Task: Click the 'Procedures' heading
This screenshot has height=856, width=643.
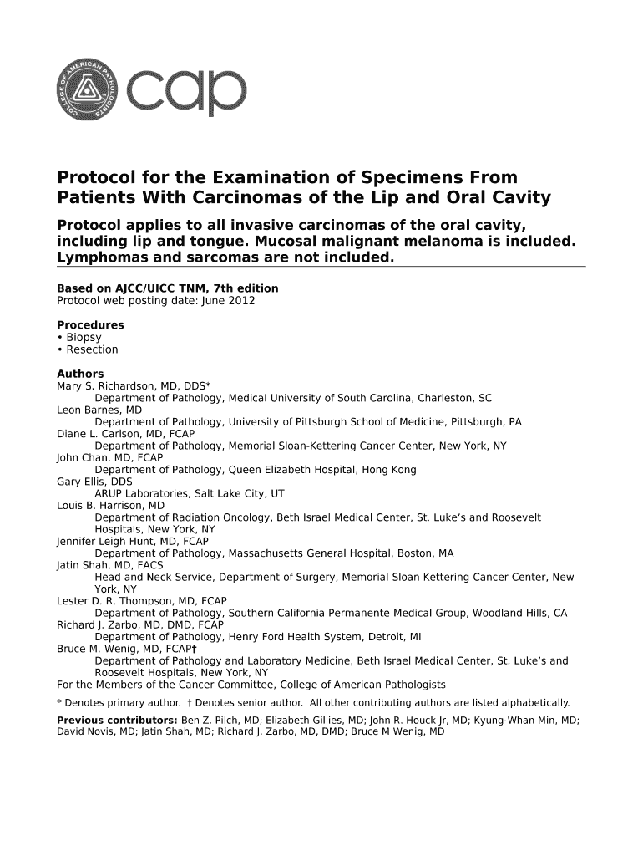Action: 90,324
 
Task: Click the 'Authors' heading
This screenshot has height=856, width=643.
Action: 80,374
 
